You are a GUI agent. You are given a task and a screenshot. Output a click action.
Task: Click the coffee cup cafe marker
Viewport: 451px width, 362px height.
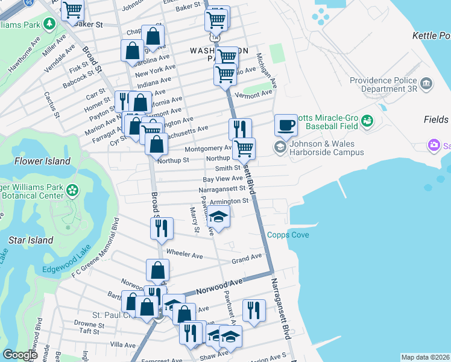click(x=286, y=125)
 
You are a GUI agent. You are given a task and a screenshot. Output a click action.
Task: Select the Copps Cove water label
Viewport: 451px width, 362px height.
click(x=288, y=235)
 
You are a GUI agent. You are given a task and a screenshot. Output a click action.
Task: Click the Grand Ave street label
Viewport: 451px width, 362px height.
click(x=247, y=259)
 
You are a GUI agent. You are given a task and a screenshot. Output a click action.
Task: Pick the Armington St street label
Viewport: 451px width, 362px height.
click(x=229, y=201)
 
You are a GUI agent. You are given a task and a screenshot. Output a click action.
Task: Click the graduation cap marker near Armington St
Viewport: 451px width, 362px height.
click(x=219, y=217)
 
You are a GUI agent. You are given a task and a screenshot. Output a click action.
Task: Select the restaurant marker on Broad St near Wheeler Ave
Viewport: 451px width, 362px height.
click(x=161, y=227)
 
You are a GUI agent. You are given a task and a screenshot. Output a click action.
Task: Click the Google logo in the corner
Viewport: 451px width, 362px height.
click(x=20, y=355)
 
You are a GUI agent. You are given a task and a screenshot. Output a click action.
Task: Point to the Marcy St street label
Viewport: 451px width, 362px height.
click(x=195, y=220)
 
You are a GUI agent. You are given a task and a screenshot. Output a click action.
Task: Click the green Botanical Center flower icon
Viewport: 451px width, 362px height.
click(x=73, y=190)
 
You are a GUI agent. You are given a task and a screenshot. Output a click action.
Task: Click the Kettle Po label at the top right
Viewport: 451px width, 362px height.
click(x=431, y=36)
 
